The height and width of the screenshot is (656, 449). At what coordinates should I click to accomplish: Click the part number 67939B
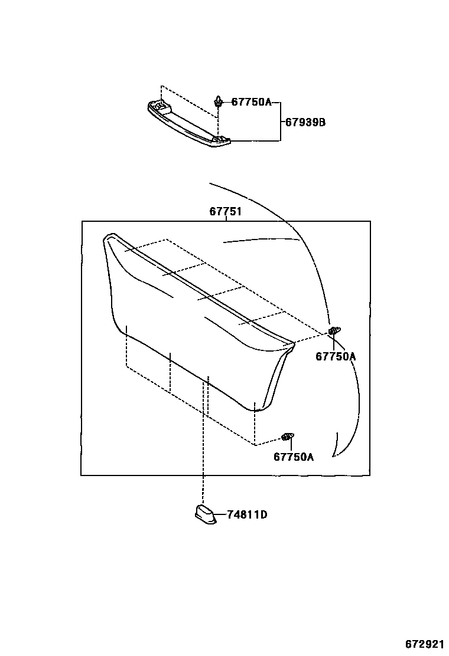coord(305,123)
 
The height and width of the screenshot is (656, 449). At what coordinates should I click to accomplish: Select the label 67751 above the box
coord(225,211)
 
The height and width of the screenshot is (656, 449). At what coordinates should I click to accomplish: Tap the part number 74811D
coord(247,515)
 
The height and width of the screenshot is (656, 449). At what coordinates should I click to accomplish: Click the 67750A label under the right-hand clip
coord(336,356)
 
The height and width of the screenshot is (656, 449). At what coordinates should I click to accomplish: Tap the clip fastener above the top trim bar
coord(219,103)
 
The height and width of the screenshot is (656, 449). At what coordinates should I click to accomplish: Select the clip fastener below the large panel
coord(288,437)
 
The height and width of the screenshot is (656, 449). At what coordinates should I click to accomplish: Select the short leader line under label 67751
coord(226,218)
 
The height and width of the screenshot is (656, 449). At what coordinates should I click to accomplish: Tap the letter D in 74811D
coord(264,515)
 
